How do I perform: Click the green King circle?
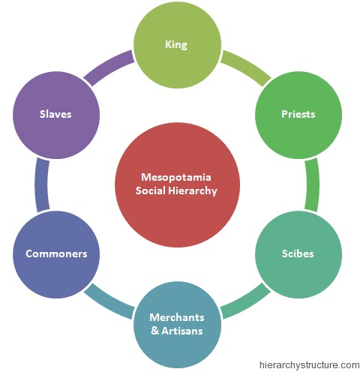177,45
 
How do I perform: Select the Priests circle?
298,115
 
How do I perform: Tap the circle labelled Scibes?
298,253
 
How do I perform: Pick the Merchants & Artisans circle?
177,322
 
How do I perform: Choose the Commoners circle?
56,253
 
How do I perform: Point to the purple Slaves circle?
56,115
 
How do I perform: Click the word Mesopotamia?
177,177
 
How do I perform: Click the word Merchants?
177,316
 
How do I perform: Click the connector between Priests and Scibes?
312,184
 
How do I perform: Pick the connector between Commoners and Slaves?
42,184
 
